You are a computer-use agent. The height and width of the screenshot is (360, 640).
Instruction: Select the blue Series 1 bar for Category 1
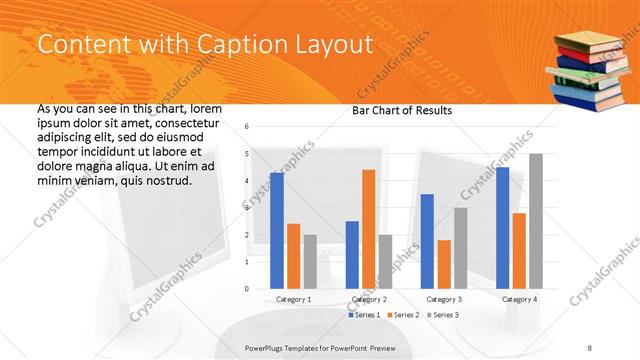point(277,230)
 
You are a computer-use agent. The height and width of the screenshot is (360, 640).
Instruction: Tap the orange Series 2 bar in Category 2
point(368,229)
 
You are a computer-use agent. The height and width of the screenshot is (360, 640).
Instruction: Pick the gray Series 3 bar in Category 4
point(535,221)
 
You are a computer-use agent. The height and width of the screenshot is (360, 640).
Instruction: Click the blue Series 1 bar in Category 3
point(427,241)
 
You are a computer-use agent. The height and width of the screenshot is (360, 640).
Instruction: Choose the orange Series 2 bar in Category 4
point(518,251)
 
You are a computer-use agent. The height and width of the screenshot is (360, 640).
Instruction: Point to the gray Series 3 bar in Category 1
point(310,262)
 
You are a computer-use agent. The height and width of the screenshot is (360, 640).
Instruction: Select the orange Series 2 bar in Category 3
point(443,264)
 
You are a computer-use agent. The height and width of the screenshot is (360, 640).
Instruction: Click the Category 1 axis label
point(293,299)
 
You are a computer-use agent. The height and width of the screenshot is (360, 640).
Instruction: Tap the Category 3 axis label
point(443,299)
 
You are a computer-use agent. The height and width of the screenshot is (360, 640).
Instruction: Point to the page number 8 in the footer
point(590,347)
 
